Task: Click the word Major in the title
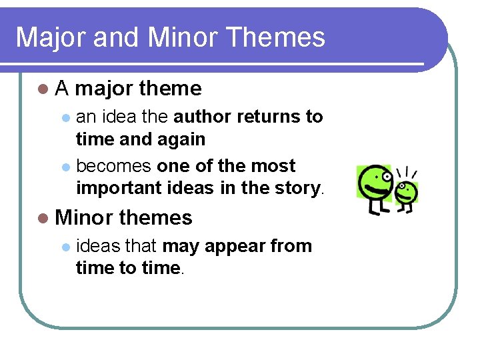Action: click(x=51, y=37)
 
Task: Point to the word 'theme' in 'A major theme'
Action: click(x=171, y=89)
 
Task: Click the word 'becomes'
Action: click(x=114, y=165)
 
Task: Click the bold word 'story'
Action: click(x=298, y=188)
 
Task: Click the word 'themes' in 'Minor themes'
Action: click(x=159, y=218)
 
